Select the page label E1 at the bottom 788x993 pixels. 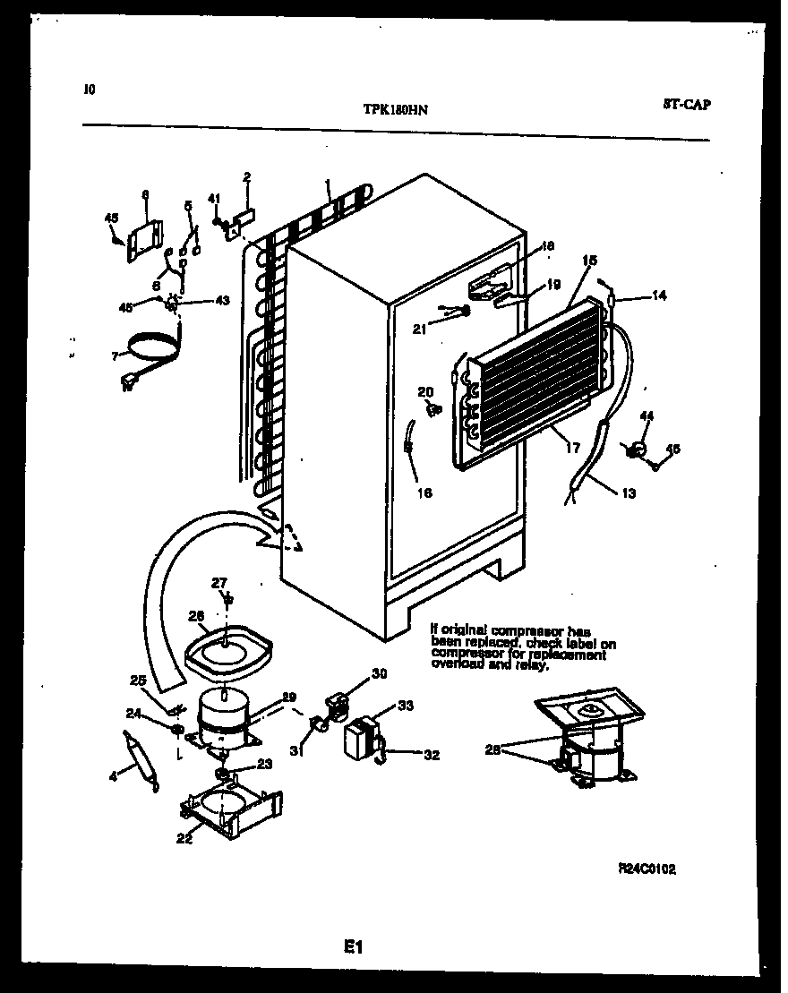tap(352, 946)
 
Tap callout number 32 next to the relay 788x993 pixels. tap(432, 755)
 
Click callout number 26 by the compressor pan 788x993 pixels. tap(197, 615)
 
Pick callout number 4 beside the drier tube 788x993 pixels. tap(113, 777)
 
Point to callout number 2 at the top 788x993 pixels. tap(246, 176)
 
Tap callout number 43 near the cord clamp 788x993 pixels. tap(223, 300)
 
